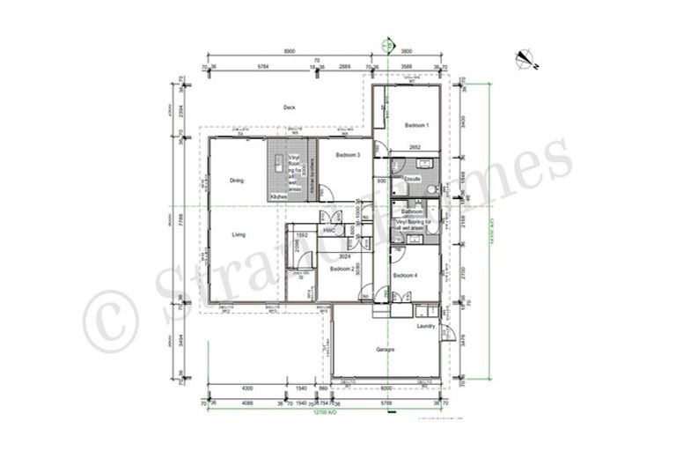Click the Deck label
click(x=289, y=107)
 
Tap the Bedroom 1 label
click(x=416, y=125)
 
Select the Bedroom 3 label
click(x=348, y=155)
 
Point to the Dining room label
click(x=237, y=181)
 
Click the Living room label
click(x=239, y=234)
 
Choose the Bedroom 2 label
click(x=342, y=269)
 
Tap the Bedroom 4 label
click(x=405, y=276)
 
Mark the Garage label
click(x=385, y=350)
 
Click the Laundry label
click(x=426, y=326)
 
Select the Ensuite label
click(x=412, y=179)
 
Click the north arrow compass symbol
click(x=527, y=59)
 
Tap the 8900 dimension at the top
click(x=290, y=52)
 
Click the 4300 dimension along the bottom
click(x=248, y=388)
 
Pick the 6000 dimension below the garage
click(x=387, y=388)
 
